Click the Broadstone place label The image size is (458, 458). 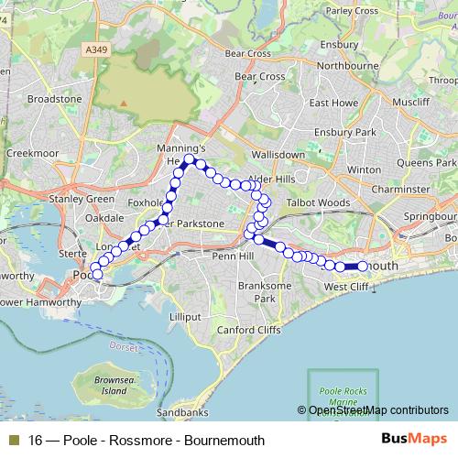(55, 98)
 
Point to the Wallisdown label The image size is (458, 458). (272, 158)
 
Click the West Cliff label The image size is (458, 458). (347, 288)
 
